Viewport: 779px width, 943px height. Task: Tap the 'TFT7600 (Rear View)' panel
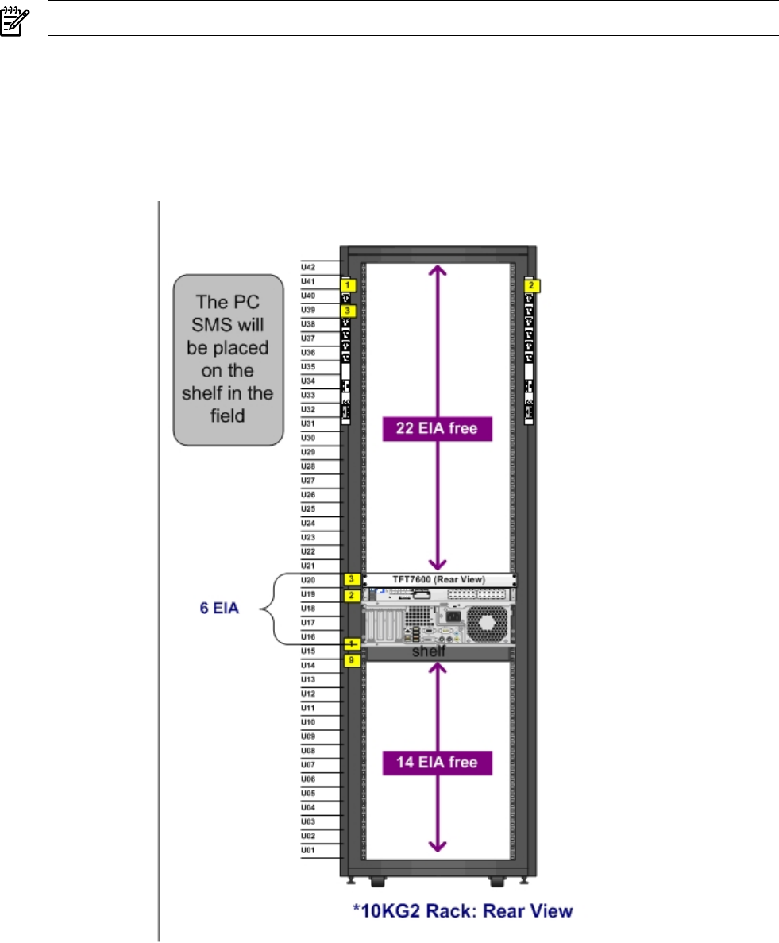point(439,578)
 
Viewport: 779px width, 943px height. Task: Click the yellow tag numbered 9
point(349,659)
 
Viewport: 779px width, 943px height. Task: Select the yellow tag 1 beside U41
point(346,282)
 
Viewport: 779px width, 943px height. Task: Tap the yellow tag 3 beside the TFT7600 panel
point(349,578)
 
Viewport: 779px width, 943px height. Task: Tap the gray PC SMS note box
point(228,359)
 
